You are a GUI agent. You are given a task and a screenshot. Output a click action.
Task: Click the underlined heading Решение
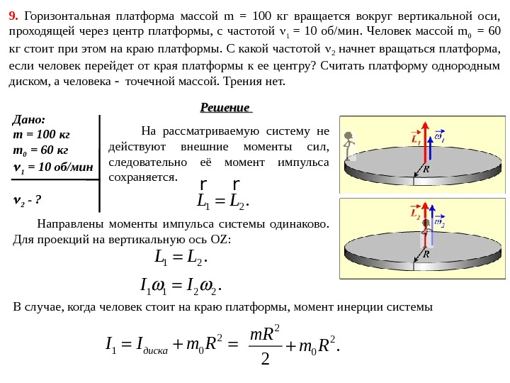coord(226,108)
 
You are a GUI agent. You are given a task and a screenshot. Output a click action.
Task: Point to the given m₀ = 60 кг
coord(41,150)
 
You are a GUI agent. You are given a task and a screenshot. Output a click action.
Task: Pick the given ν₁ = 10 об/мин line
coord(54,167)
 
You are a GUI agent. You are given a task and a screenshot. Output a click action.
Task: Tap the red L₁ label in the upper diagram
coord(415,140)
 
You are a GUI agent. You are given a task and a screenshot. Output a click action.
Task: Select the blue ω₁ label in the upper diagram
coord(439,137)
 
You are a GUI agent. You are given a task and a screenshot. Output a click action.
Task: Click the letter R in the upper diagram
coord(426,170)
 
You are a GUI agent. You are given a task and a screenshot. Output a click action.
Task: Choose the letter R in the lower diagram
coord(426,253)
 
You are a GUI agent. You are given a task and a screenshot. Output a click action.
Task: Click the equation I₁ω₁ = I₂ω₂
coord(183,287)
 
